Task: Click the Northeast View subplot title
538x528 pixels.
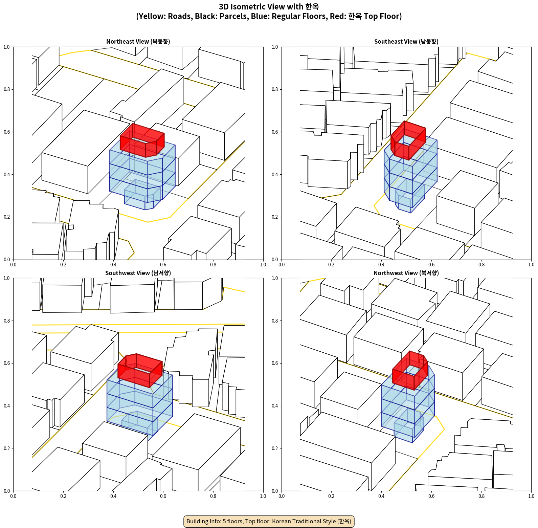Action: point(138,42)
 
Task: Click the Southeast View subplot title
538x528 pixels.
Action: point(406,42)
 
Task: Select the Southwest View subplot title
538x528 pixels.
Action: point(138,273)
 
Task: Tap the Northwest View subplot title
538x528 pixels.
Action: point(406,273)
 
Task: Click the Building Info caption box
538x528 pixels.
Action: point(269,521)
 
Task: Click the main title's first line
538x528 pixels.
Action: point(269,7)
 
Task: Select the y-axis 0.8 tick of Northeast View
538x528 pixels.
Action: point(7,89)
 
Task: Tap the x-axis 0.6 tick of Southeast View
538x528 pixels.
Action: point(431,265)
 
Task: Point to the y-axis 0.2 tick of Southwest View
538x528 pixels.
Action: point(7,448)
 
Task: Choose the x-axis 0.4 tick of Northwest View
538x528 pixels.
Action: point(381,496)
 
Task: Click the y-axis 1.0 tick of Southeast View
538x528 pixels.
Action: point(275,47)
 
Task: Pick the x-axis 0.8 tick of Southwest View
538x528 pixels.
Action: point(213,496)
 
